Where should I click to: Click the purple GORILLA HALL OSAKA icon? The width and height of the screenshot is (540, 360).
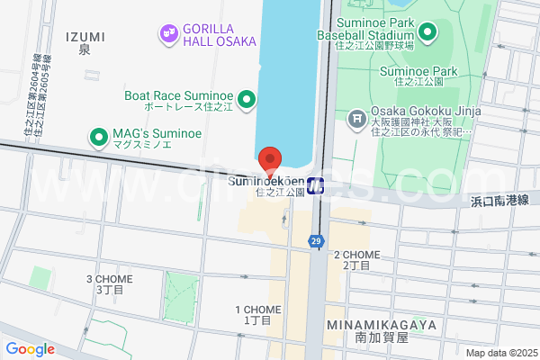point(167,34)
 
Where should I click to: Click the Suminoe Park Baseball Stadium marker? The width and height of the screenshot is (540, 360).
point(427,34)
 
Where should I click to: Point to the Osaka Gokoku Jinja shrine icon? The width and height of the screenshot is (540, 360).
point(357,118)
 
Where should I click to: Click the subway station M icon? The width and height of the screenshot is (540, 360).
point(316,186)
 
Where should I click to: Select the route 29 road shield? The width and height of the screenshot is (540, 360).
point(316,241)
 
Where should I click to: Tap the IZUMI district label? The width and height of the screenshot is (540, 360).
point(85,36)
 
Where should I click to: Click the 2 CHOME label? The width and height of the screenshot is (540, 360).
point(356,255)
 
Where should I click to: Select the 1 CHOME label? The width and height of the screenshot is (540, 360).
point(257,309)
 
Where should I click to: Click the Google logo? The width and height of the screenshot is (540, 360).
point(30,349)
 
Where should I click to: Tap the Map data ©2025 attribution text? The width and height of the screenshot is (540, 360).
point(500,353)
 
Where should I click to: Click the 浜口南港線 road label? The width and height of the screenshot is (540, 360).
point(499,200)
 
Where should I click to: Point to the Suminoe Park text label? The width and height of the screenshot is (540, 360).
point(418,71)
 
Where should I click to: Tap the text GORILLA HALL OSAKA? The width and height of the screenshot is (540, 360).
point(220,34)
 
